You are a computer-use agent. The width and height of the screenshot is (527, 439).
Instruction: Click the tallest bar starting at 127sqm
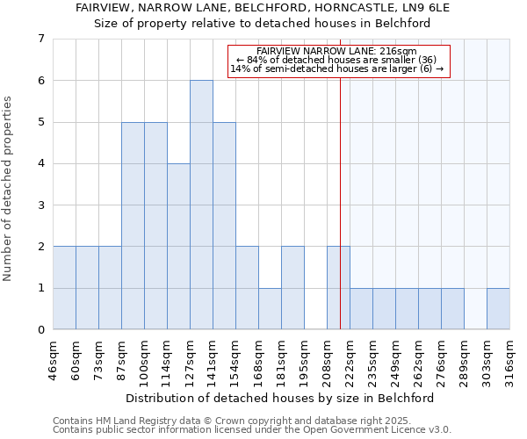[201, 205]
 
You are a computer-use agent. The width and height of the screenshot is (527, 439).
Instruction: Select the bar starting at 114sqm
[178, 246]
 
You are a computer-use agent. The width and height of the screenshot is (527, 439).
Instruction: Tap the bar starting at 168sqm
[270, 308]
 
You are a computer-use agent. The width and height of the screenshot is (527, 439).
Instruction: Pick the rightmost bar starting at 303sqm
[498, 308]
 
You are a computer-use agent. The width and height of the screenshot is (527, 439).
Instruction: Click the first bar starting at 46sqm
[64, 287]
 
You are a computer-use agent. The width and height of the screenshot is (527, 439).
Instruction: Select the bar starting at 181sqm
[292, 287]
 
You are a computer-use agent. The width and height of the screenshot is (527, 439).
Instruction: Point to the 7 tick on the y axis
[40, 39]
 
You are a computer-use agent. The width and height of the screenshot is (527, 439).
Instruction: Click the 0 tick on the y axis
[40, 330]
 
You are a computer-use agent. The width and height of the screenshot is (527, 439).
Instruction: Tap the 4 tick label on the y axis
[40, 163]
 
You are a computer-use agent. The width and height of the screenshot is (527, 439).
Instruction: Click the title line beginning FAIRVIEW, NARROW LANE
[263, 8]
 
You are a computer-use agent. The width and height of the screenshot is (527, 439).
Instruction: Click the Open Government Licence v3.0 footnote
[252, 430]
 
